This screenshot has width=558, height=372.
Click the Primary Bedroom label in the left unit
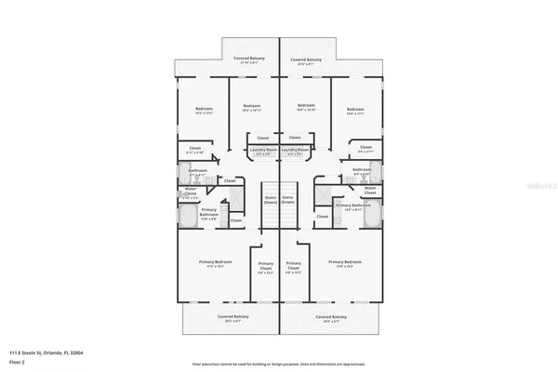click(215, 264)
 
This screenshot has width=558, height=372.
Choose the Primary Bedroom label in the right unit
click(345, 264)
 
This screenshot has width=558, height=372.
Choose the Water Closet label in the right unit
click(370, 190)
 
